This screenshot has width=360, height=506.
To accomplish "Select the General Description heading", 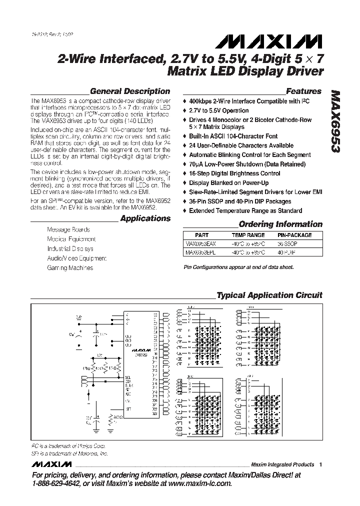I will tap(129, 91).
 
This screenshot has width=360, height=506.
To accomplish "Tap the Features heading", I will tap(303, 91).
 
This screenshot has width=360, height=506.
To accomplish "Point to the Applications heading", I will tap(145, 218).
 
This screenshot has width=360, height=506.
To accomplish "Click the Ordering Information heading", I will tap(280, 224).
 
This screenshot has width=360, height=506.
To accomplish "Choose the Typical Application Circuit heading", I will tap(269, 295).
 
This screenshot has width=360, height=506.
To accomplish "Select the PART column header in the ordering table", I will tap(201, 235).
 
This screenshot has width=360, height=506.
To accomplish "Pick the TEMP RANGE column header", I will tap(248, 235).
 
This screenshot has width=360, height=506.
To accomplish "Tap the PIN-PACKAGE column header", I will tap(294, 235).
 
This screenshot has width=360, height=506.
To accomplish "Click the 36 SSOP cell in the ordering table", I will tap(288, 244).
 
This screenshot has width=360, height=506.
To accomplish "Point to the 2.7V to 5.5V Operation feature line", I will tap(218, 110).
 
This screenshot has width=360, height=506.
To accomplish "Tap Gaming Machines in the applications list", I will tap(70, 267).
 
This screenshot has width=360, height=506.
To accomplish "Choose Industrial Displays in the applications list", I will tap(70, 248).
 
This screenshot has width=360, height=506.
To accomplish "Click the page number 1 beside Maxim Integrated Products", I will tap(320, 464).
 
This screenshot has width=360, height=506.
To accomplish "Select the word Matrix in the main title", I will tap(187, 71).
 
